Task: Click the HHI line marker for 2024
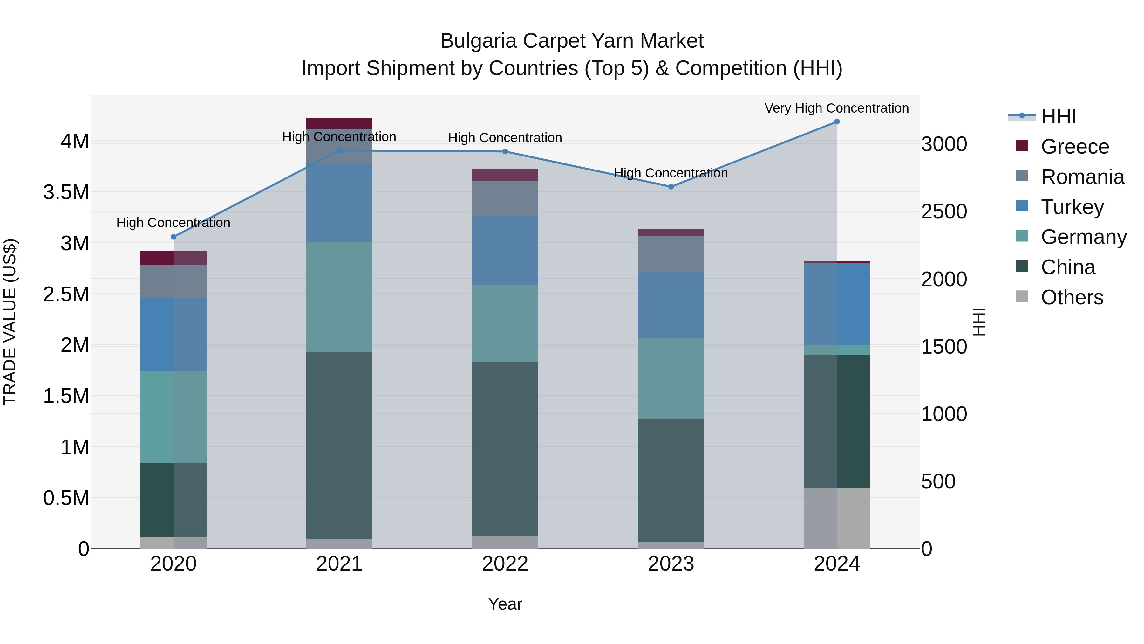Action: click(x=837, y=122)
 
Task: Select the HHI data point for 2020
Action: click(x=174, y=237)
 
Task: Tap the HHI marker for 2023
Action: click(x=671, y=187)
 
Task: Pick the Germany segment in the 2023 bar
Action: click(x=671, y=378)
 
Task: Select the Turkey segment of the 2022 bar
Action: click(x=505, y=251)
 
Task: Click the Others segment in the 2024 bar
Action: click(x=837, y=518)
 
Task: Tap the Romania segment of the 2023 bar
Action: click(x=671, y=254)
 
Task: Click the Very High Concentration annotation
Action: click(x=836, y=108)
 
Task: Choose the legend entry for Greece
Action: click(x=1075, y=147)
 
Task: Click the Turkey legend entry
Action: click(x=1072, y=207)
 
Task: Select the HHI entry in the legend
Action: click(x=1058, y=116)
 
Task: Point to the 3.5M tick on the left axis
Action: click(x=66, y=192)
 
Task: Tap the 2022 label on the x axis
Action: click(x=505, y=564)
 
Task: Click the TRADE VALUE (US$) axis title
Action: click(x=10, y=322)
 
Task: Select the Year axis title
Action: click(x=505, y=604)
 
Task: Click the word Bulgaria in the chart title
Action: click(x=478, y=41)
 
